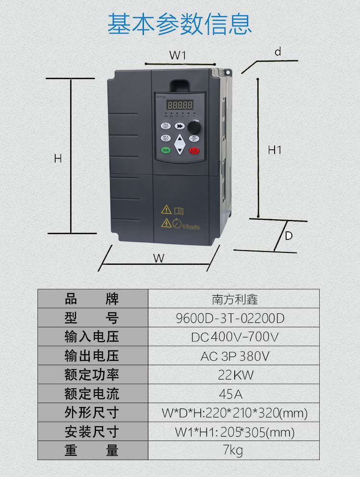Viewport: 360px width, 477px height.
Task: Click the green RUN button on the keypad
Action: click(x=166, y=150)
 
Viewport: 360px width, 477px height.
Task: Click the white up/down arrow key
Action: click(x=180, y=144)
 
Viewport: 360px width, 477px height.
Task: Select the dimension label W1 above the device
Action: click(x=177, y=55)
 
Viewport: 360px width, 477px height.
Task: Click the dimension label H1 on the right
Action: click(x=275, y=150)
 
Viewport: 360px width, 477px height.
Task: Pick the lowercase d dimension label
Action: click(x=277, y=52)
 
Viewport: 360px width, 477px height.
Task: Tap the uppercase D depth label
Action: click(x=289, y=236)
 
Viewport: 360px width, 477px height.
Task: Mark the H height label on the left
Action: click(x=58, y=158)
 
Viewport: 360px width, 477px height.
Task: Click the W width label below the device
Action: click(x=159, y=258)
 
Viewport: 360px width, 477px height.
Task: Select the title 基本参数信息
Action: click(x=180, y=24)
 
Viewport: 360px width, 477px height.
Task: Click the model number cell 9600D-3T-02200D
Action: click(x=234, y=318)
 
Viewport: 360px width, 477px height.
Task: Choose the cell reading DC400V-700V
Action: click(x=234, y=337)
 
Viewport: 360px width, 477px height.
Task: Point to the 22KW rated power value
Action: click(x=234, y=375)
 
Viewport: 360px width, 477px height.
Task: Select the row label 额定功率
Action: click(x=92, y=375)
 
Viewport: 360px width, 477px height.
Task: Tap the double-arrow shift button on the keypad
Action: click(x=180, y=126)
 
